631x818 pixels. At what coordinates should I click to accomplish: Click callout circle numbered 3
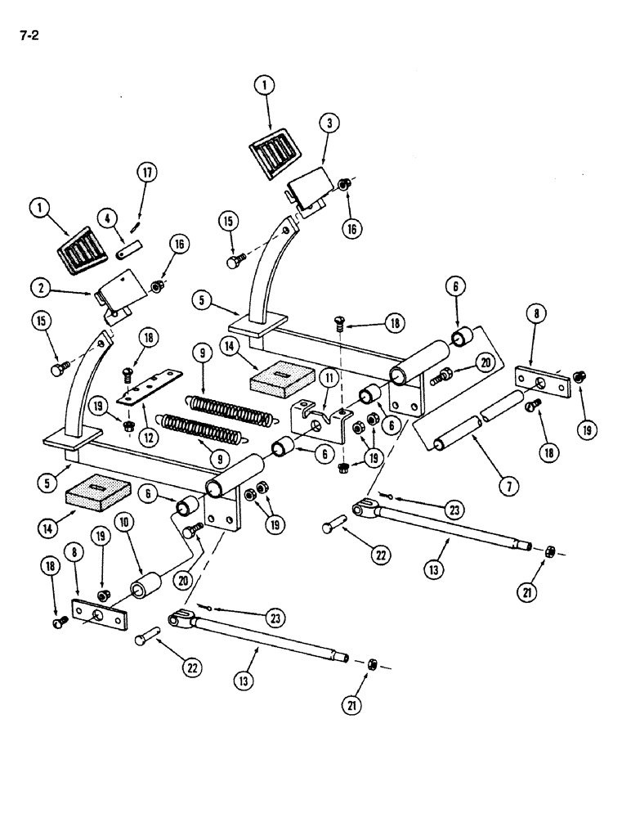(328, 124)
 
